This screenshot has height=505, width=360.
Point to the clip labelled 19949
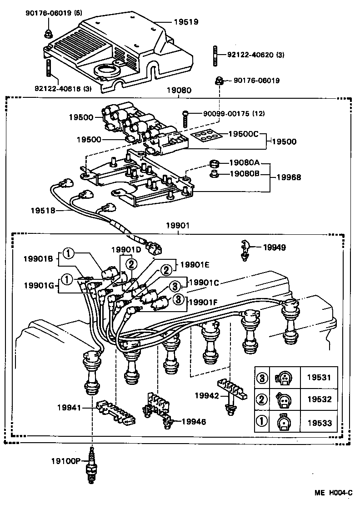(245, 248)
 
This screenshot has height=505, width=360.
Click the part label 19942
(205, 396)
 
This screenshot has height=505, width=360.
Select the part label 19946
(194, 422)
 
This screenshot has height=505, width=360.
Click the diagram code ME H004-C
(335, 493)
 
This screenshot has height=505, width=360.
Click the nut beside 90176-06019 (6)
(48, 34)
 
